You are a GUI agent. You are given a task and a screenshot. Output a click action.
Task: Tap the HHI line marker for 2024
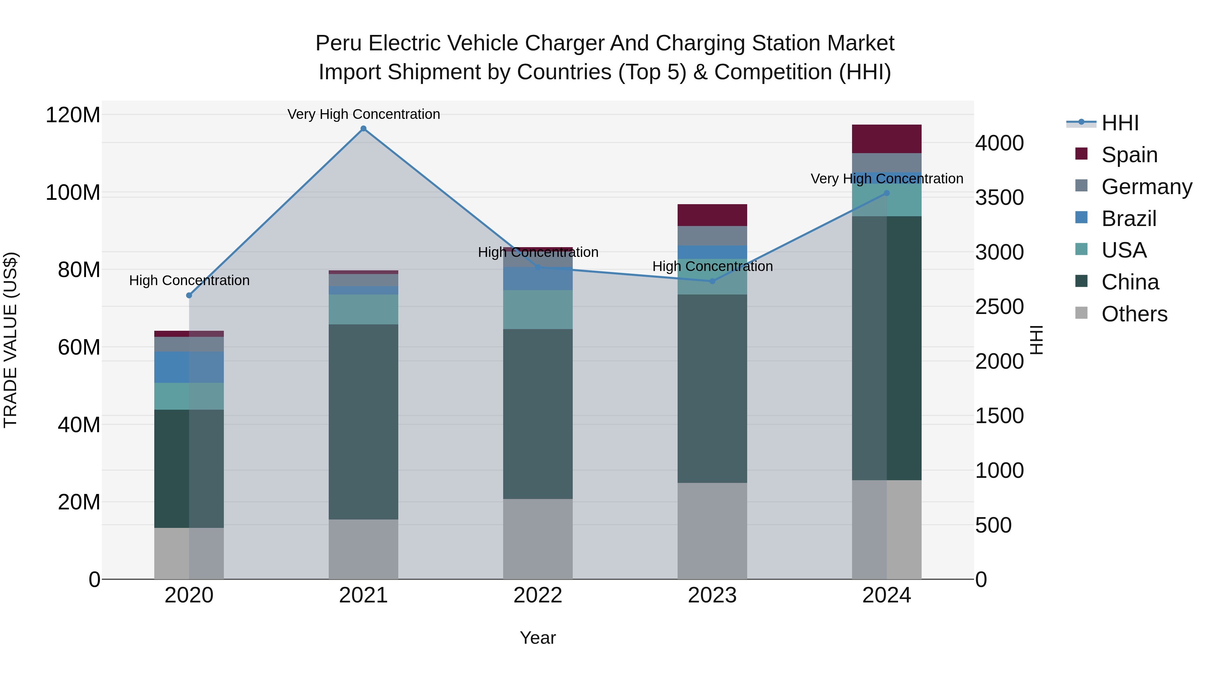887,193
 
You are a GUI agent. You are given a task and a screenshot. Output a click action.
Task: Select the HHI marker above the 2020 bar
189,295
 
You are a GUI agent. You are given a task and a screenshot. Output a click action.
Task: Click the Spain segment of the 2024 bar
887,139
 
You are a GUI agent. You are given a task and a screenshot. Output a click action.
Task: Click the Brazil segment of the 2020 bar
189,367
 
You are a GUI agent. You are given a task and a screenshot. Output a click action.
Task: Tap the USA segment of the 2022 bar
538,309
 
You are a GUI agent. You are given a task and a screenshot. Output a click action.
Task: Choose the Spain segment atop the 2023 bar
712,215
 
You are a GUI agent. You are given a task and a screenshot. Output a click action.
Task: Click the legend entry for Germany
1146,187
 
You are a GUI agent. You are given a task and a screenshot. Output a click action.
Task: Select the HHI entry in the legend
1120,123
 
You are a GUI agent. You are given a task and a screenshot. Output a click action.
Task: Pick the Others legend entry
1134,314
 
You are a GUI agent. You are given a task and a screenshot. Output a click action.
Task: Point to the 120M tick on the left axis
73,115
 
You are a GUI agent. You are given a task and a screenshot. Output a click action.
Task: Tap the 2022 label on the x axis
538,595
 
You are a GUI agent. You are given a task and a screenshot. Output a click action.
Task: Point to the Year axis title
538,638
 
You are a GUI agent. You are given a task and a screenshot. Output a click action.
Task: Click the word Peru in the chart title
338,43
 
